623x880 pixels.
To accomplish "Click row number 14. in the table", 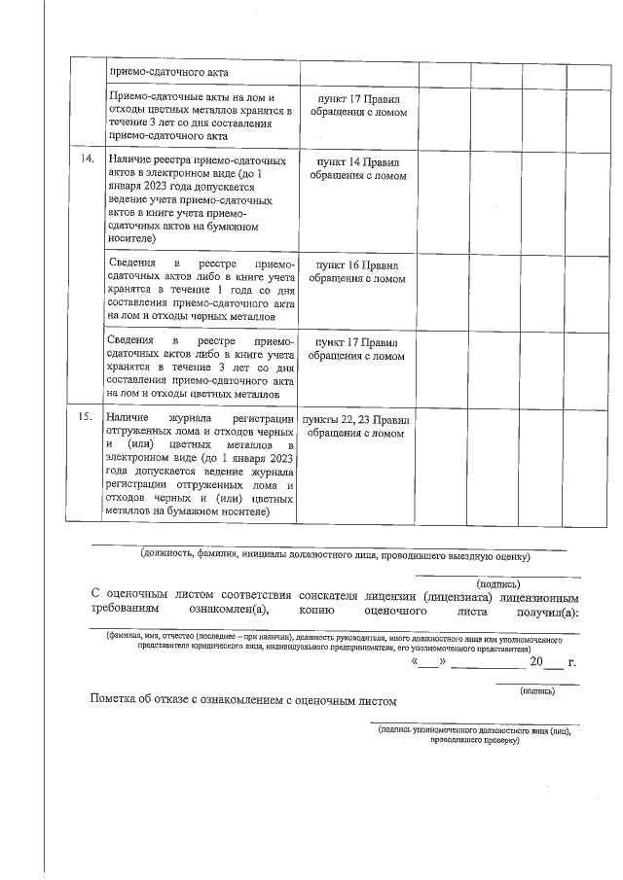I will pos(85,158).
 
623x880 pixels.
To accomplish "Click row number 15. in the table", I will pos(85,417).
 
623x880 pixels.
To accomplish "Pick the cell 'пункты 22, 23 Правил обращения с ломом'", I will pos(357,426).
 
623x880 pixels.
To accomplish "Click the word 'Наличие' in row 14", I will pos(128,158).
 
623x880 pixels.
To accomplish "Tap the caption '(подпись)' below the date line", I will pos(537,690).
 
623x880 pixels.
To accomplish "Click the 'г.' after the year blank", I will pos(572,662).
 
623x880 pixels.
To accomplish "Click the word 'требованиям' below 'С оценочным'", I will pos(127,613).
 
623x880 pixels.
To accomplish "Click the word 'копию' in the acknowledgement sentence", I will pos(318,613).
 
